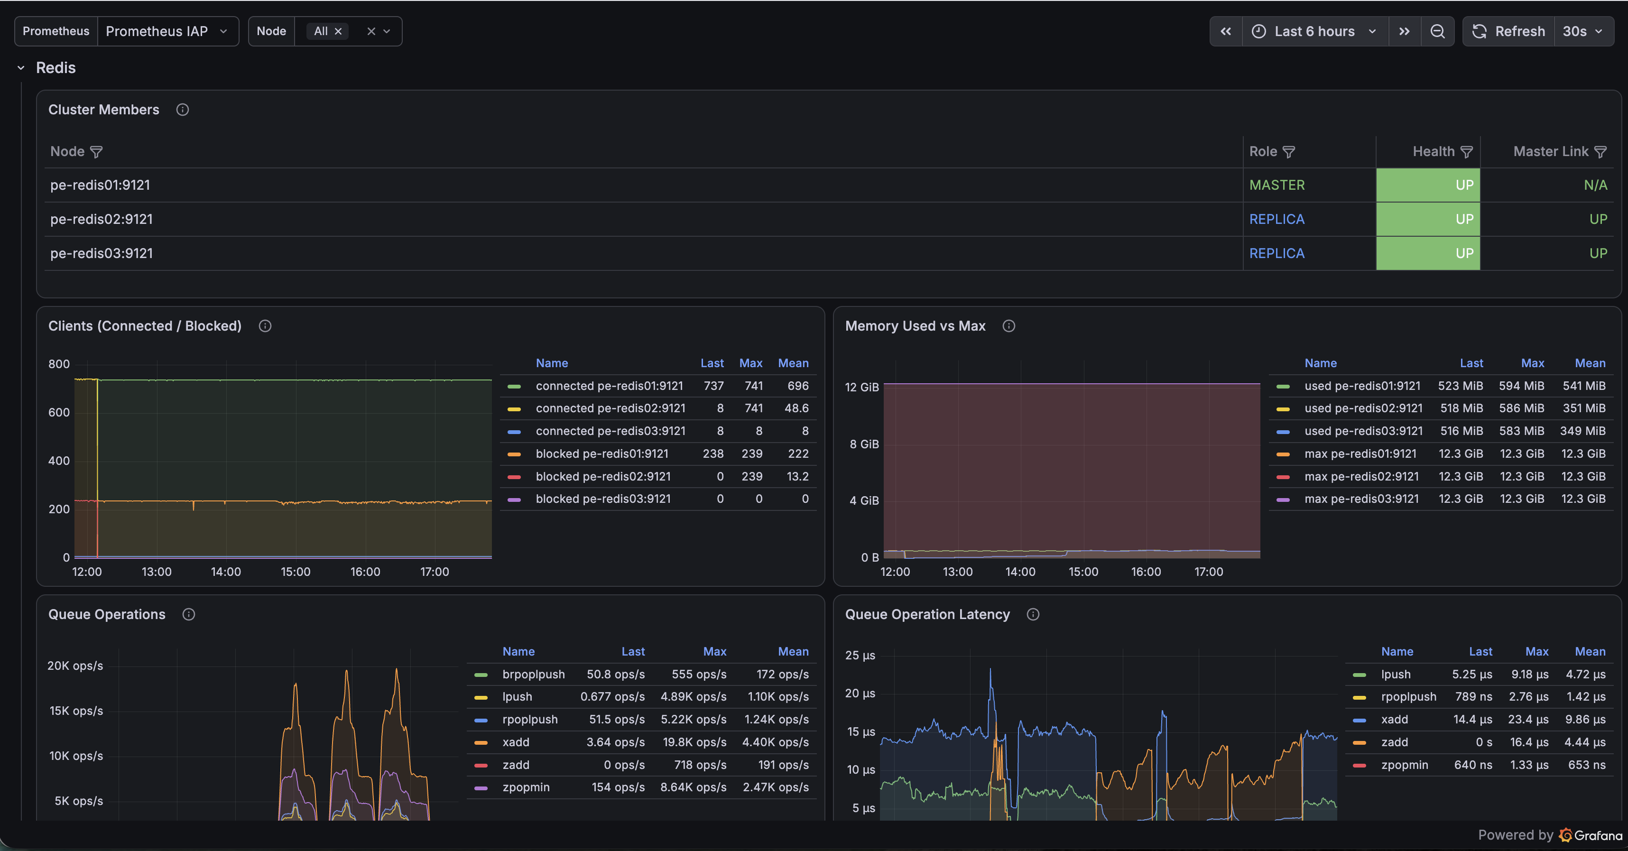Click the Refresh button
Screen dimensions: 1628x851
1508,31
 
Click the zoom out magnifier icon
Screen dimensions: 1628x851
1437,31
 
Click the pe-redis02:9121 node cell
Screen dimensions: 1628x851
102,219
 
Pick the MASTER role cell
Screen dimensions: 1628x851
1276,185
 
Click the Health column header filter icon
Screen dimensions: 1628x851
1467,152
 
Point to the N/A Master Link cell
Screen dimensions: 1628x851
1595,185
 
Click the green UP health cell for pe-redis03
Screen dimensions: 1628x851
1428,253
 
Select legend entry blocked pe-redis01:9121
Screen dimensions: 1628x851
601,453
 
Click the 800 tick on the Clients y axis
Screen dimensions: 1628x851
59,364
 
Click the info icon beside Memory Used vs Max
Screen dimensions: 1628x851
1008,326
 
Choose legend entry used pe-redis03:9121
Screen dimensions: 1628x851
1363,431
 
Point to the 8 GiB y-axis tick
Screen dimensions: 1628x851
864,444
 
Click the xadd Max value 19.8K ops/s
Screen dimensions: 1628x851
694,742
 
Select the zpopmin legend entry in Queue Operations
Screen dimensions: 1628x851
526,787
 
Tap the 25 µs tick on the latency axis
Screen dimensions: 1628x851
860,655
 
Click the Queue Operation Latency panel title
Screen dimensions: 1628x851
927,614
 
